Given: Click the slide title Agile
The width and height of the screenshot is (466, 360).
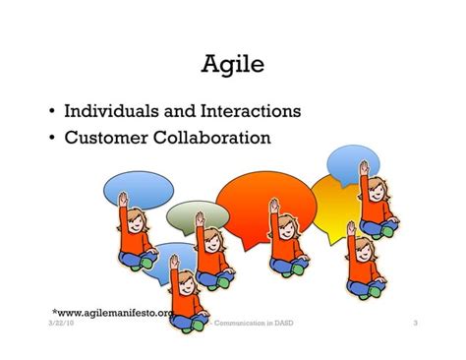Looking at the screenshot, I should point(232,68).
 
